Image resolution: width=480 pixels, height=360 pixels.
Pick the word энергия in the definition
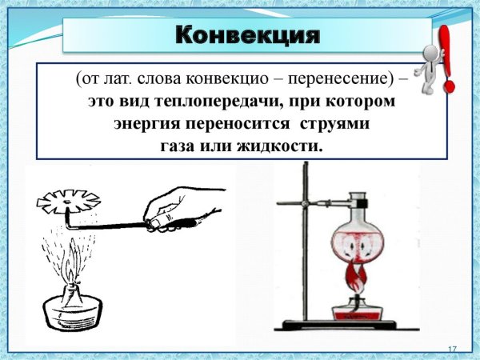tap(149, 126)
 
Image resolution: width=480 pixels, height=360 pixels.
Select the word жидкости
tap(283, 148)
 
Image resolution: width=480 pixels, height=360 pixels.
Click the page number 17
tap(450, 350)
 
